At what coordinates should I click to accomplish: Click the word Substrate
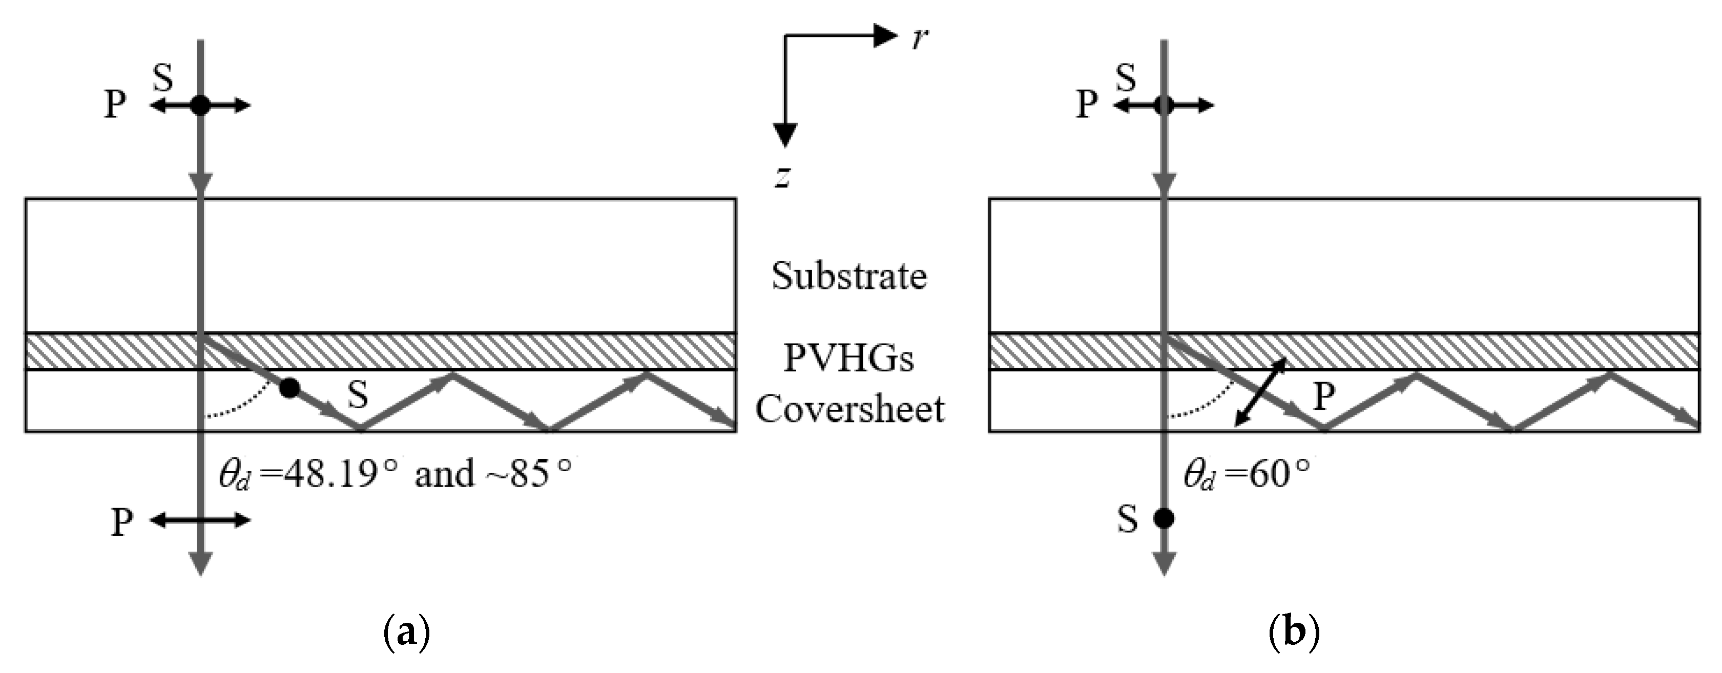(849, 276)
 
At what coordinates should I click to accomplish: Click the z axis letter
(783, 177)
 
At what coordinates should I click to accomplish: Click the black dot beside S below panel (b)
(1164, 518)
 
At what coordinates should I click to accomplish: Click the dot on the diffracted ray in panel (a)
(289, 388)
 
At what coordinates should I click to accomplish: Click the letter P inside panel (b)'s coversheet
(1324, 397)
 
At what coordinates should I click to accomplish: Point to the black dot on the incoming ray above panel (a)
(200, 105)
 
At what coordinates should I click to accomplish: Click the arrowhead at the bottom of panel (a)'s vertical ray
(200, 563)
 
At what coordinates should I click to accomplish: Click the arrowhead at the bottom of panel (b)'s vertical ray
(1164, 563)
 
